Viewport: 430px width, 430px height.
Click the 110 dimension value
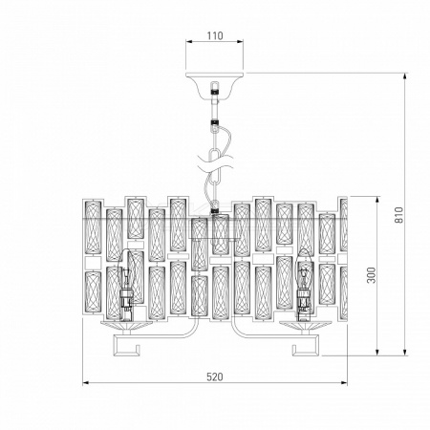click(215, 35)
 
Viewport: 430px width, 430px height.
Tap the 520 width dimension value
click(215, 376)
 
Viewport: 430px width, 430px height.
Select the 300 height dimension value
click(372, 275)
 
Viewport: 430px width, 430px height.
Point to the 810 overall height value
click(398, 215)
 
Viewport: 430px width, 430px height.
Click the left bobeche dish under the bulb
click(126, 325)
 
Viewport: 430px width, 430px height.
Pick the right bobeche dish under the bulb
click(305, 325)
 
